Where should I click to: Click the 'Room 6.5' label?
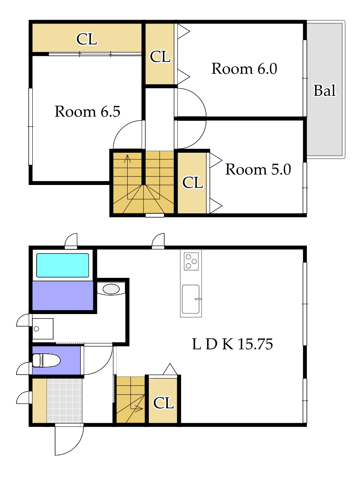coord(87,111)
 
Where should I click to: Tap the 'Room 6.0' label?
coord(244,68)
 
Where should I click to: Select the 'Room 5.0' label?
coord(258,169)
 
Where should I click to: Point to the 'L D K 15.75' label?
coord(232,344)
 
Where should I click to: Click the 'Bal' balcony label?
coord(325,91)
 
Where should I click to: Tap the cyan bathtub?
coord(63,265)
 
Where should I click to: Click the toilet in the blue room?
coord(46,360)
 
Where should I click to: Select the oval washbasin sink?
coord(111,289)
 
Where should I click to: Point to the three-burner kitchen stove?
coord(191,261)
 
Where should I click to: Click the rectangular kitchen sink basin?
coord(191,299)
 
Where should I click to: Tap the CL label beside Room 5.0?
coord(193,183)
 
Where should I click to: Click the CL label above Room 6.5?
coord(87,39)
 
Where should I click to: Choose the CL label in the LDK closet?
coord(163,403)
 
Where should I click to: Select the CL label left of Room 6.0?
coord(160,57)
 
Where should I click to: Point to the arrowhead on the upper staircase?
coord(127,159)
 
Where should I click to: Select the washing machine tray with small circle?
coord(43,329)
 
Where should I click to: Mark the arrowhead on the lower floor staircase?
coord(139,409)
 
